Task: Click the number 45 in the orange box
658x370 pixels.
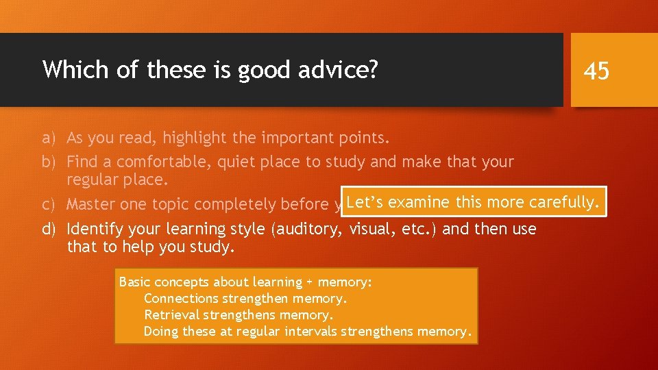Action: tap(596, 70)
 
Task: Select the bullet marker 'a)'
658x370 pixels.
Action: tap(48, 138)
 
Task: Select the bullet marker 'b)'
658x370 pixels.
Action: tap(48, 162)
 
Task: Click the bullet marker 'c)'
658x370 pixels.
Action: tap(48, 204)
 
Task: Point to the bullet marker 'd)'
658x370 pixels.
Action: tap(48, 228)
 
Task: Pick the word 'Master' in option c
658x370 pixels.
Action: tap(90, 204)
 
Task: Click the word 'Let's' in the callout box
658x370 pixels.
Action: tap(365, 201)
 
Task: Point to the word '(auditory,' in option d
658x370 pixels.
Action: tap(308, 228)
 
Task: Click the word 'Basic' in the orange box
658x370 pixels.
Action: tap(135, 282)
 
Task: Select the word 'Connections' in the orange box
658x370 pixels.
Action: tap(180, 298)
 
